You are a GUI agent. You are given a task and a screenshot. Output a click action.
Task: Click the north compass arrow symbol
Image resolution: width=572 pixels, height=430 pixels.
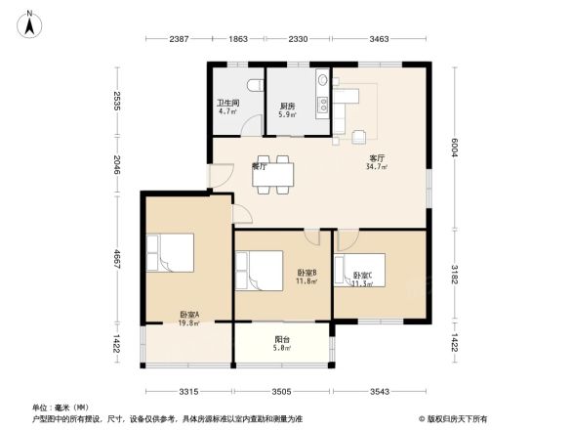click(x=29, y=21)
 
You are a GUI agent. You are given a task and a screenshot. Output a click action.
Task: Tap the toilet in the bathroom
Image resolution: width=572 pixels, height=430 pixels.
click(x=254, y=86)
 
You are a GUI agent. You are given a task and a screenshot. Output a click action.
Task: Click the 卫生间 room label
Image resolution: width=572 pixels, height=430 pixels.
click(x=227, y=103)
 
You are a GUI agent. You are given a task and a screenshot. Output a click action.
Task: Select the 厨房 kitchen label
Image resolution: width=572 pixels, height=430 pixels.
click(x=288, y=107)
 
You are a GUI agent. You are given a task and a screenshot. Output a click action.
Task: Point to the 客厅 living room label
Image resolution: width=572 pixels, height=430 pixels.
click(x=376, y=157)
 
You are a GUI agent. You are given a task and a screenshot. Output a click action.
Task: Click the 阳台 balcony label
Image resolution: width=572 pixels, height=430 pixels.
click(x=281, y=337)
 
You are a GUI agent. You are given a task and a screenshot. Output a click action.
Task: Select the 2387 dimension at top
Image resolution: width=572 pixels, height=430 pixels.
click(x=177, y=38)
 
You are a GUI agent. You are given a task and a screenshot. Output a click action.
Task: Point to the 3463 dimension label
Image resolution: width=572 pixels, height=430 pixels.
click(x=381, y=38)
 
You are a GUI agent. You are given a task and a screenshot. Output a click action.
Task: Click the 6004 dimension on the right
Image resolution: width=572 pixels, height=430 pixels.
click(x=455, y=147)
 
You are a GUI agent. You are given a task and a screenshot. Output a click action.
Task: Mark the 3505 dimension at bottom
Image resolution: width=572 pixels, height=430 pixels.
click(x=283, y=391)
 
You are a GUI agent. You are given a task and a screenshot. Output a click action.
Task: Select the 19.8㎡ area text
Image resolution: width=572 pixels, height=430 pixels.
click(x=188, y=323)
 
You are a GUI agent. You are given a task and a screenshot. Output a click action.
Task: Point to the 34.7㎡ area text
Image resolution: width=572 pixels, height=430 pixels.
click(x=376, y=167)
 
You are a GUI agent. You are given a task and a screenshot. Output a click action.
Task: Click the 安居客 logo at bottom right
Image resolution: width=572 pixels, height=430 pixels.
click(x=459, y=417)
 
